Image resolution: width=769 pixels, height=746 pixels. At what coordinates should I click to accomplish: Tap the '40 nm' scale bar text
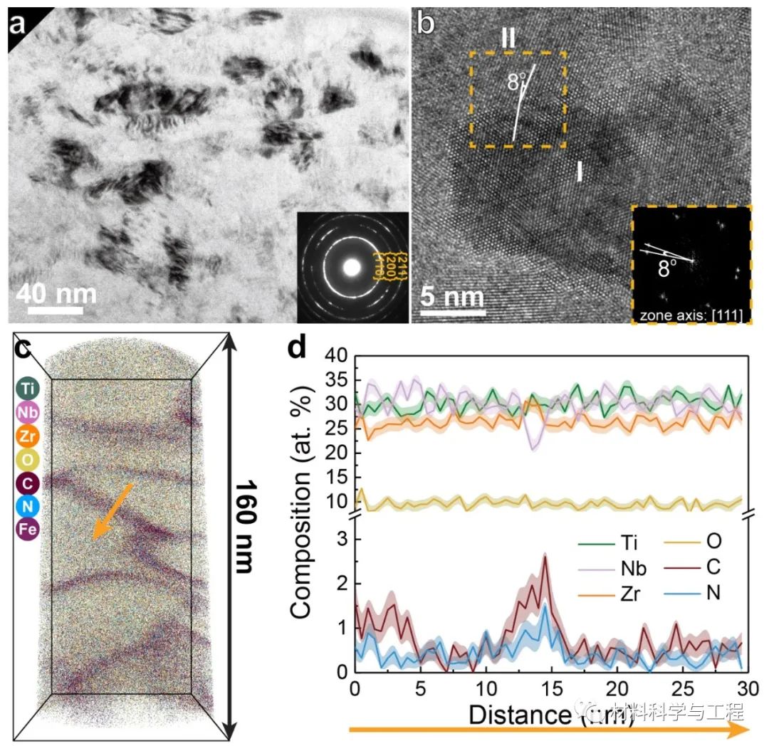(56, 293)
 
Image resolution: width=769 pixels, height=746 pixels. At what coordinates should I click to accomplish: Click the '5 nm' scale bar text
(451, 295)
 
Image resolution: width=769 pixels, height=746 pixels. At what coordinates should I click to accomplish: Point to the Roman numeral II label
(508, 38)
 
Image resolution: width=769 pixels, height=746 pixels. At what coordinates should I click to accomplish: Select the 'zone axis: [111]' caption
(690, 314)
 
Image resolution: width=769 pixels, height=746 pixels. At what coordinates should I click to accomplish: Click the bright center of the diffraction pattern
(352, 267)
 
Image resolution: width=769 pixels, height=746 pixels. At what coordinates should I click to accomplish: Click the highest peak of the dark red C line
(545, 556)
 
